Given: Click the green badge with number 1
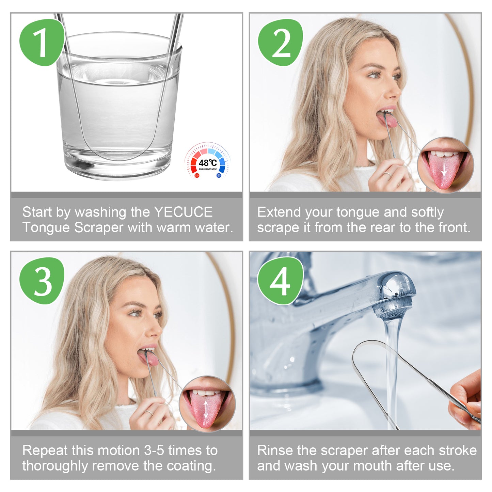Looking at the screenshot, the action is click(42, 42).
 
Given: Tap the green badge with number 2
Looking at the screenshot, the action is click(280, 42).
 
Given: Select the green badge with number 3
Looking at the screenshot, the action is click(42, 281).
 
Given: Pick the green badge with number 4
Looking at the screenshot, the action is click(280, 281).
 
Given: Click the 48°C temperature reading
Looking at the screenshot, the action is click(208, 163).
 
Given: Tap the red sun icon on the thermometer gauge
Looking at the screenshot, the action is click(196, 175).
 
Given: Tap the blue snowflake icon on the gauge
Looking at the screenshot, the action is click(219, 175).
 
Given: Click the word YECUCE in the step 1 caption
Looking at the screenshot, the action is click(183, 212).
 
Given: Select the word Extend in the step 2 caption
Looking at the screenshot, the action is click(279, 212).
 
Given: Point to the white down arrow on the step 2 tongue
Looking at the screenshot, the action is click(444, 170).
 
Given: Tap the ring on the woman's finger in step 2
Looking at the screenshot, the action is click(388, 174).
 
